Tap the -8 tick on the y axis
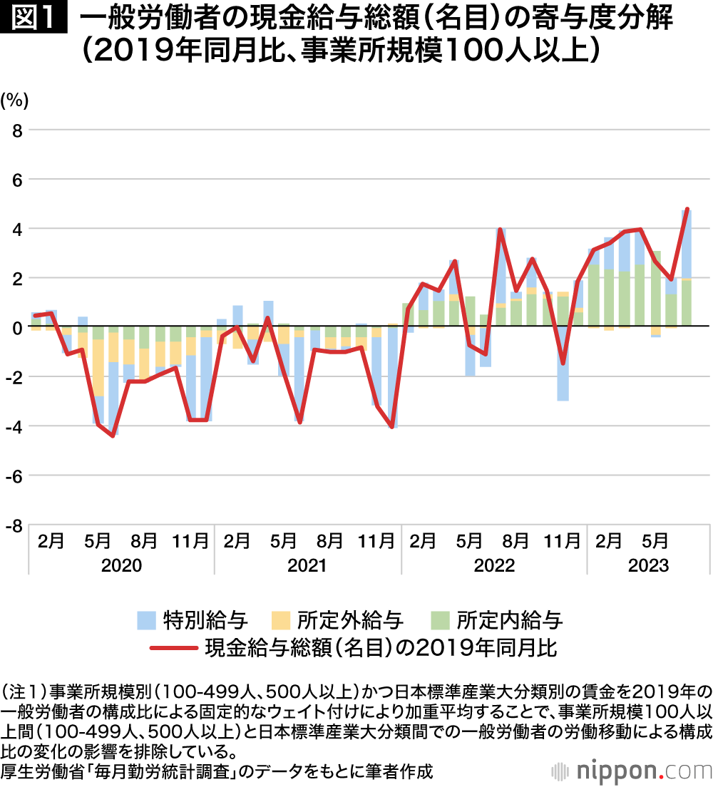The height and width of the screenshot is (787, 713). tap(14, 525)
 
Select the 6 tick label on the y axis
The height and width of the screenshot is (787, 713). tap(17, 180)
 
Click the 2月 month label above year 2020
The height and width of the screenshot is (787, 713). tap(51, 541)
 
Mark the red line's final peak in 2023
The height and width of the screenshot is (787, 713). tap(687, 210)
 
